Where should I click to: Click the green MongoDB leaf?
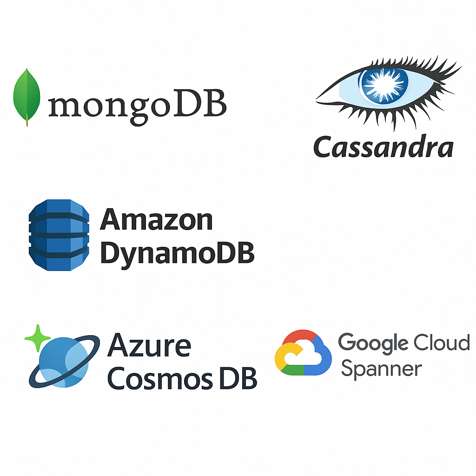(26, 96)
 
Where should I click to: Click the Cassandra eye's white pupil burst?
(383, 85)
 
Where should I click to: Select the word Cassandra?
(383, 147)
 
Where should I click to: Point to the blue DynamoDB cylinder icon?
(59, 235)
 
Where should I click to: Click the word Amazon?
(156, 219)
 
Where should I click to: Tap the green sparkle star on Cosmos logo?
(37, 338)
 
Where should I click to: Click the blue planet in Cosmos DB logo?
(64, 362)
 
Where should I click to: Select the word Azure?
(149, 345)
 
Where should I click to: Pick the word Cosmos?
(160, 378)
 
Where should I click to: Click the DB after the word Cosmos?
(238, 378)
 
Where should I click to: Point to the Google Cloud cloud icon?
(303, 352)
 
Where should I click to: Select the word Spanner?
(382, 369)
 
